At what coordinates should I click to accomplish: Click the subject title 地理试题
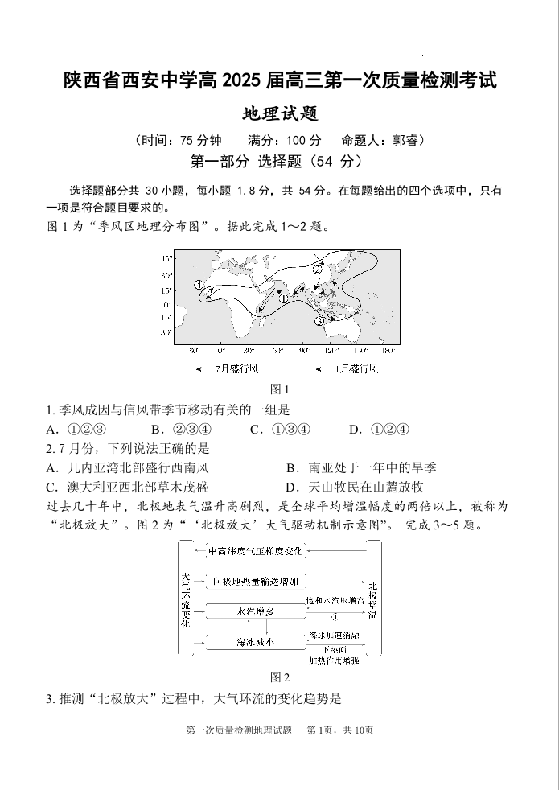pyautogui.click(x=279, y=114)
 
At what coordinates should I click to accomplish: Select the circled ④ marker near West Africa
pyautogui.click(x=199, y=285)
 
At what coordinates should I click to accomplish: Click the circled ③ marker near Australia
pyautogui.click(x=319, y=320)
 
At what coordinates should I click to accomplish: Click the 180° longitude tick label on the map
pyautogui.click(x=388, y=351)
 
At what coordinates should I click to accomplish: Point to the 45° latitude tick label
pyautogui.click(x=166, y=259)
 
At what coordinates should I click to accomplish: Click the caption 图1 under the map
pyautogui.click(x=279, y=389)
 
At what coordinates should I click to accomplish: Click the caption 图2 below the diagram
pyautogui.click(x=279, y=677)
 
